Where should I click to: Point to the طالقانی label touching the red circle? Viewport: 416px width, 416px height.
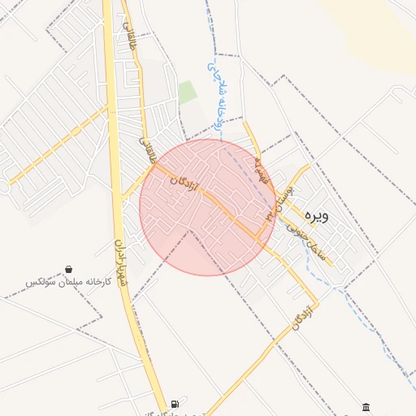[x=146, y=149]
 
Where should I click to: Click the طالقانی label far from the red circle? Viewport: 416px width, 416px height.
[x=129, y=37]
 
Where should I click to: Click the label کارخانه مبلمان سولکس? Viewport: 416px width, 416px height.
[x=67, y=282]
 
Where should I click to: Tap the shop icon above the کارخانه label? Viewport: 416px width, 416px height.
[x=68, y=269]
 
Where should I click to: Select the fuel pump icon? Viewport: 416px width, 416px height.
[x=175, y=403]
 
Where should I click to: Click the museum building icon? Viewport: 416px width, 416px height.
[x=366, y=406]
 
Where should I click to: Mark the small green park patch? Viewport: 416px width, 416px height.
[x=188, y=92]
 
